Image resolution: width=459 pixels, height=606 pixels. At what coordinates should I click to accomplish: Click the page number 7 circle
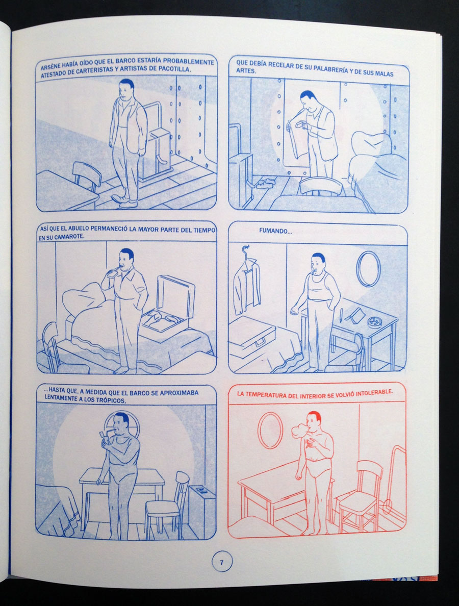[x=221, y=562]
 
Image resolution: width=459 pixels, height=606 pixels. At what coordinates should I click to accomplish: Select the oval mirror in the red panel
[x=270, y=430]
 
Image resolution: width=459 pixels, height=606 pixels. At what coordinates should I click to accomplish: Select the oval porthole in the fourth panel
[x=368, y=269]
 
